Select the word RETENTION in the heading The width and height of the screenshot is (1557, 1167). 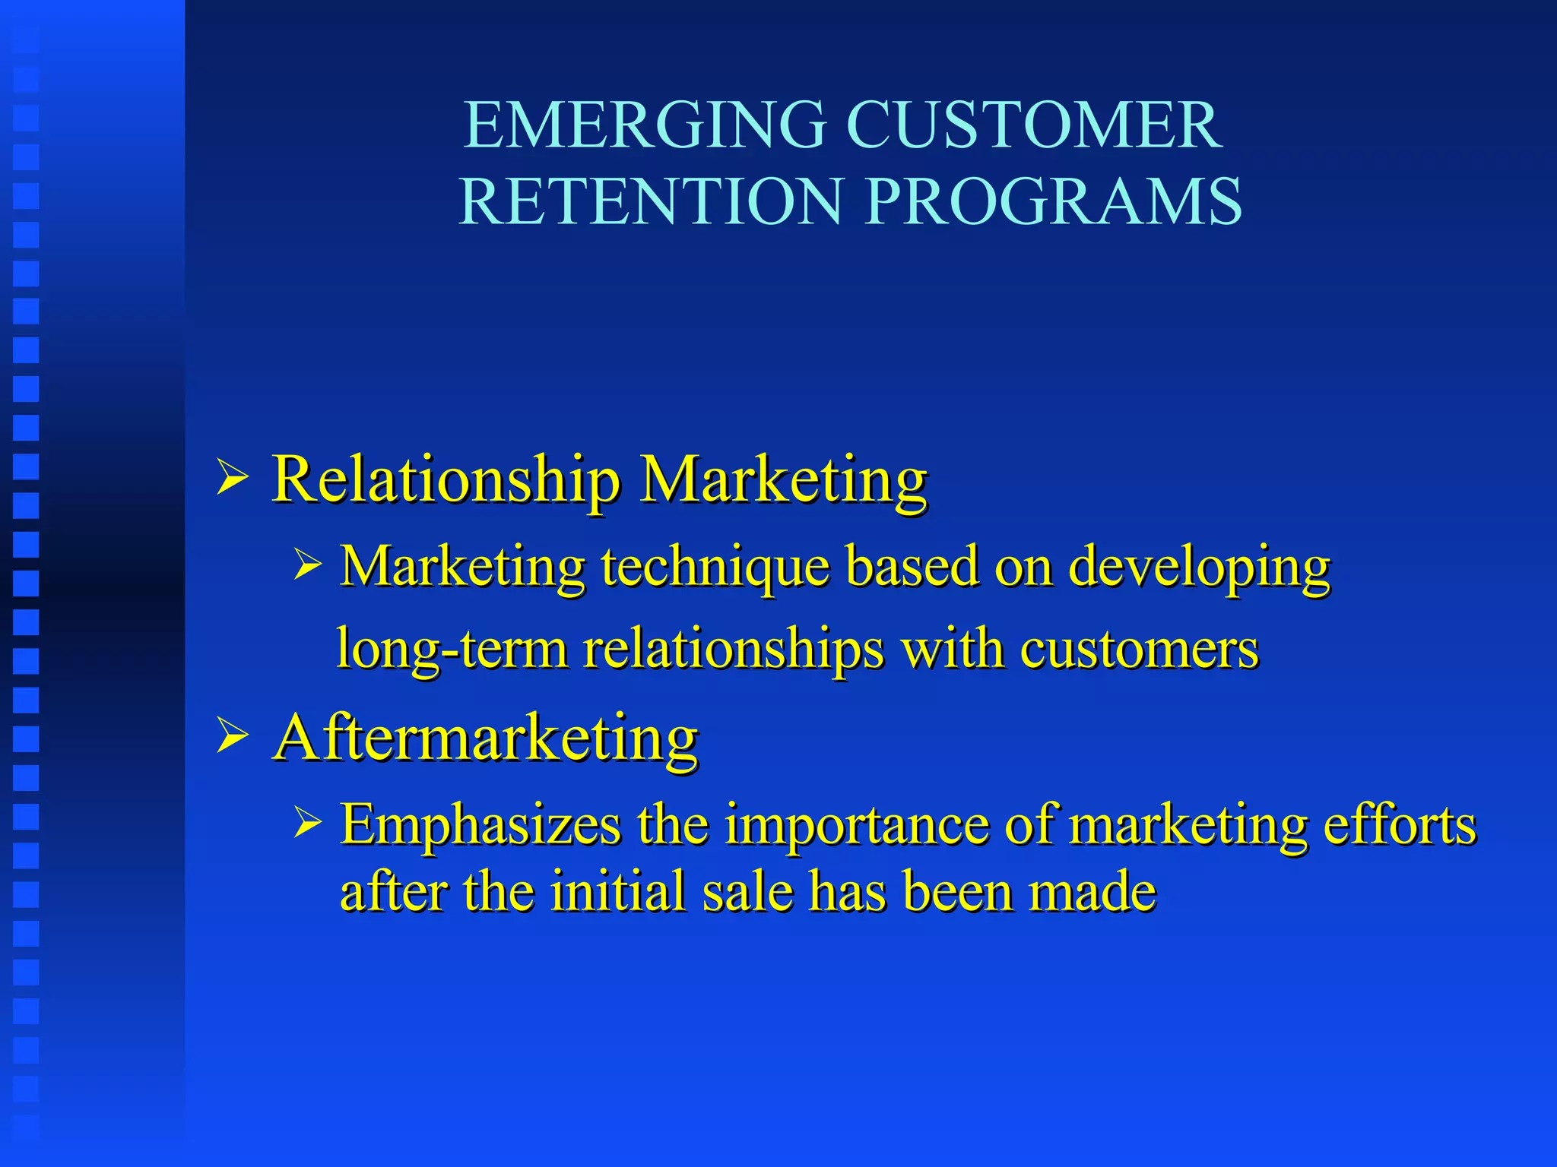point(651,201)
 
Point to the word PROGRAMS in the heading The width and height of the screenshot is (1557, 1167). point(1053,201)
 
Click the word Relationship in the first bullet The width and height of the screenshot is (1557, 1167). point(446,480)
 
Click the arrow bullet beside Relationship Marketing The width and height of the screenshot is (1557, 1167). point(232,479)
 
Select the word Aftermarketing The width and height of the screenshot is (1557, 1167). point(486,738)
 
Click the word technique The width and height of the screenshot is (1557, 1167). point(715,568)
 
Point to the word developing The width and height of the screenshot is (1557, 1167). point(1200,568)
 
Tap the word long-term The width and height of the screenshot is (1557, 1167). point(452,650)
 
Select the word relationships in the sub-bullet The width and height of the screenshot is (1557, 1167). point(734,650)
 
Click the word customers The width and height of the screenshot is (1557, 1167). point(1139,650)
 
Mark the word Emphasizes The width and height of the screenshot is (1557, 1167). point(480,825)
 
